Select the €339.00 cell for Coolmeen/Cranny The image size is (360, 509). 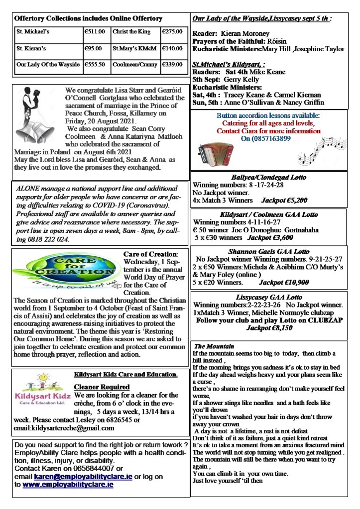[171, 65]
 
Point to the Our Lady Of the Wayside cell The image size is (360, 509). [48, 65]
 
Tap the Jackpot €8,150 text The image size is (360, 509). [271, 328]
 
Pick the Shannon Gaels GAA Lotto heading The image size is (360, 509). [269, 251]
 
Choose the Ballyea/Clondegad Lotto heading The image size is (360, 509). [269, 177]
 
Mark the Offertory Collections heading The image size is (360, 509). [89, 18]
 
